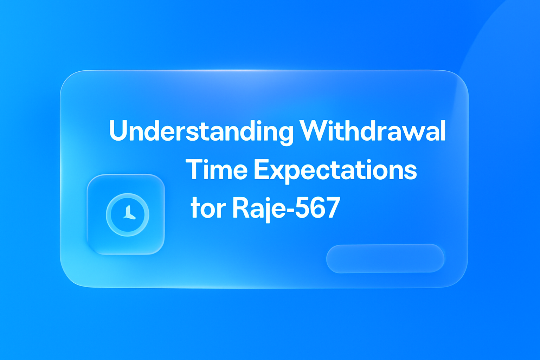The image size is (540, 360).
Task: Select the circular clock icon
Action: [128, 214]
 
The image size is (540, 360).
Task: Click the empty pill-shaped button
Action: [385, 258]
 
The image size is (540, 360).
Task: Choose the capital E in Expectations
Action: [261, 169]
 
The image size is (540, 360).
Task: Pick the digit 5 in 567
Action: [302, 207]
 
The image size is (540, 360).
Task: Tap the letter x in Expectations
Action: [275, 171]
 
